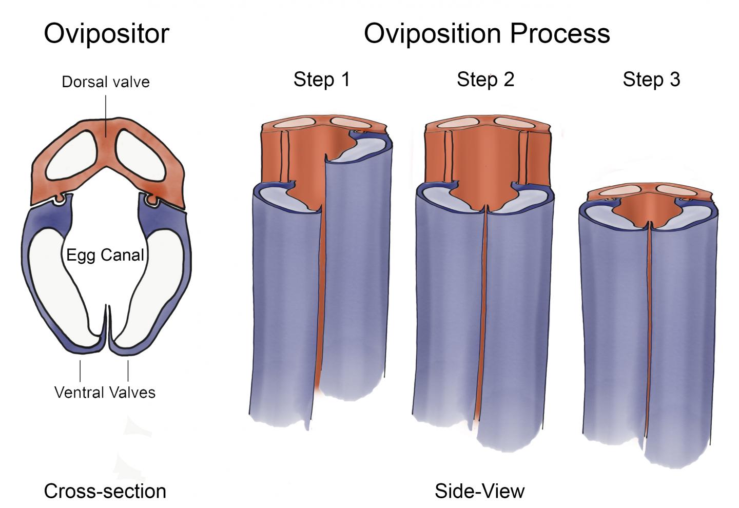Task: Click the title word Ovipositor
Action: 106,34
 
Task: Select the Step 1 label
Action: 321,80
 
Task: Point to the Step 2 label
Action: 485,80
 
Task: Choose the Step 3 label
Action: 651,80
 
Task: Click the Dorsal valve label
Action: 106,82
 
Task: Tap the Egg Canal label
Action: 105,255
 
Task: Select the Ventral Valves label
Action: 105,393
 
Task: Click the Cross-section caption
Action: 105,491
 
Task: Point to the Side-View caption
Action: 480,491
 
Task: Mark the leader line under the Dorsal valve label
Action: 106,115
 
